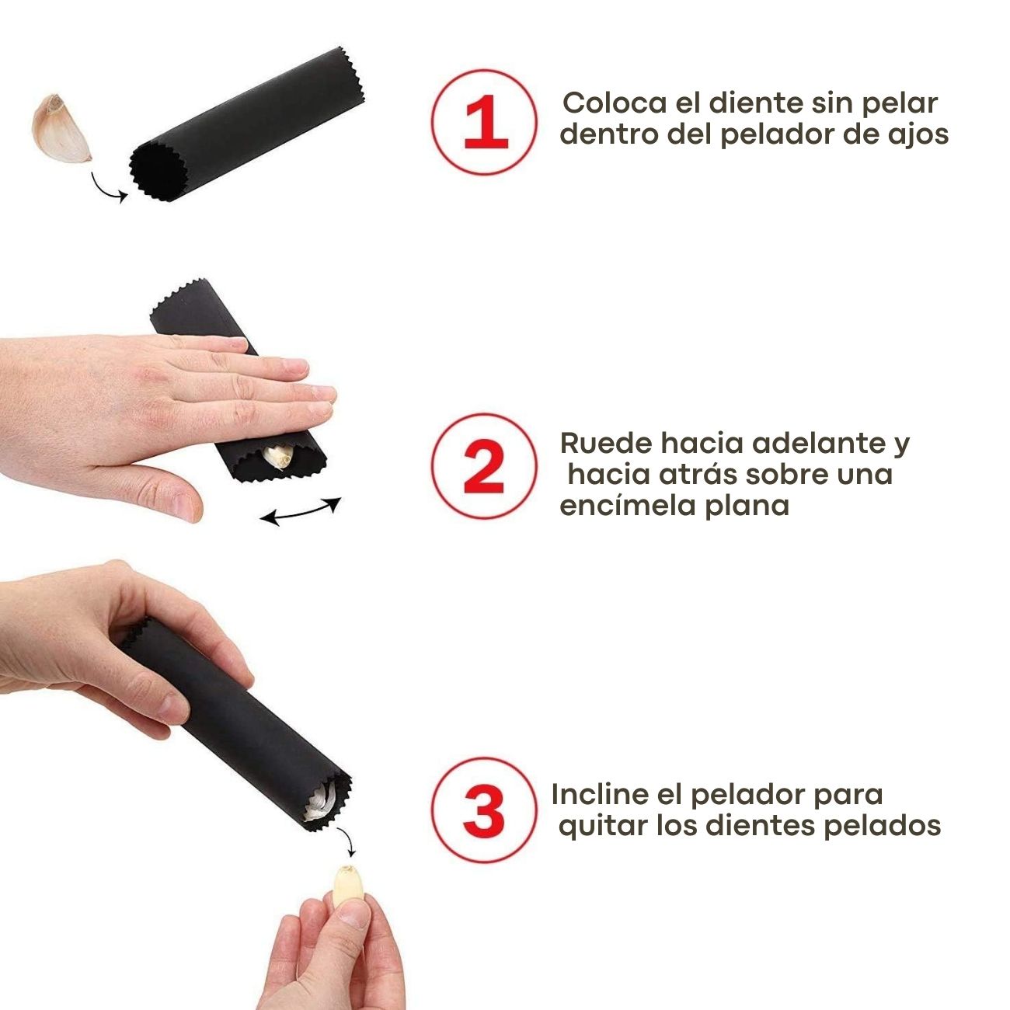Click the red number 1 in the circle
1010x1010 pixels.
pyautogui.click(x=486, y=122)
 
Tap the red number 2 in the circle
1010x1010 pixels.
pyautogui.click(x=484, y=466)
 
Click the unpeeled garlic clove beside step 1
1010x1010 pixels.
pyautogui.click(x=61, y=128)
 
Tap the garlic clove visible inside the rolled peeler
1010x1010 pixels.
pyautogui.click(x=280, y=456)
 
